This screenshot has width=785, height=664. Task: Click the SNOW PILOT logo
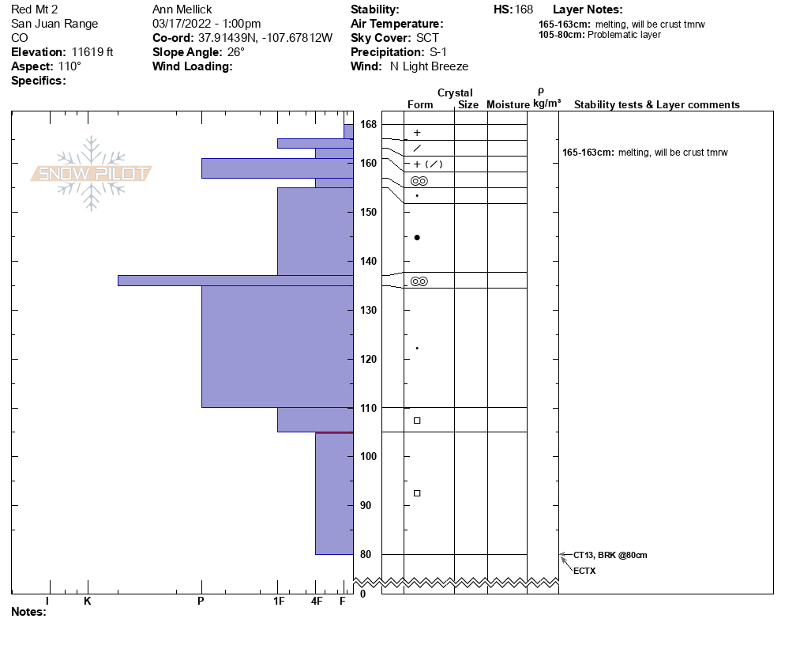[92, 174]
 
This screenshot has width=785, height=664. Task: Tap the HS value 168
[524, 9]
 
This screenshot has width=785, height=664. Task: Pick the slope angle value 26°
[233, 52]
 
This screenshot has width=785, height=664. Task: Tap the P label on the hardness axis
[201, 602]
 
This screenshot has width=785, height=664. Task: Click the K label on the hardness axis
[88, 602]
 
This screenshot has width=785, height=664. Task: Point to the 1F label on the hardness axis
[279, 602]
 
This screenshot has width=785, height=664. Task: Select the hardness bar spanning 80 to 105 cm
[334, 494]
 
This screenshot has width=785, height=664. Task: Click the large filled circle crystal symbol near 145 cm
[417, 237]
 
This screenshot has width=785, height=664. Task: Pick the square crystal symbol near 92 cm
[417, 493]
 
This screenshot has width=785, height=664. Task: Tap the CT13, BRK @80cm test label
[610, 555]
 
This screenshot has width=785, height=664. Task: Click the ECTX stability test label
[584, 570]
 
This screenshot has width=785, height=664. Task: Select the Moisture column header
[508, 104]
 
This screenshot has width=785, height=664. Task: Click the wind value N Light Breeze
[429, 66]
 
